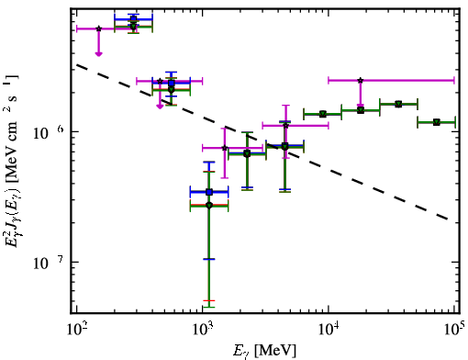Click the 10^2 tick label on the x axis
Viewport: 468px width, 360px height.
pos(76,329)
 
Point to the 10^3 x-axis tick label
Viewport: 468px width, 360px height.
pos(203,329)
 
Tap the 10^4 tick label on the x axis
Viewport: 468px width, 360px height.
pos(329,329)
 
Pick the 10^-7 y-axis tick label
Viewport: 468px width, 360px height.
pos(49,263)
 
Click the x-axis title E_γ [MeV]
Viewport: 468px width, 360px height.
pos(264,351)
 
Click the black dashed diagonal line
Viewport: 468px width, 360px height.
pos(262,142)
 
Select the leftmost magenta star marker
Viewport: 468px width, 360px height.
pos(98,28)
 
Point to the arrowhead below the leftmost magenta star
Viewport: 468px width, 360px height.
pos(98,54)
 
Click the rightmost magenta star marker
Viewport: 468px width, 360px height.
pos(361,81)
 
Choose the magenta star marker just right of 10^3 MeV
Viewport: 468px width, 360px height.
pos(225,148)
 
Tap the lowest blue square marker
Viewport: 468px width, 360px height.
pos(209,192)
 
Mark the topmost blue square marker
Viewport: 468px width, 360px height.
pos(133,19)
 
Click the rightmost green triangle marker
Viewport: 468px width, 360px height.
pos(437,122)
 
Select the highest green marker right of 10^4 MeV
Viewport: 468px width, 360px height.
pos(398,105)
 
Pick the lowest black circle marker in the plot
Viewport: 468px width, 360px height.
pos(209,206)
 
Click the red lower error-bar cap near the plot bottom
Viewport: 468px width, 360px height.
pos(209,301)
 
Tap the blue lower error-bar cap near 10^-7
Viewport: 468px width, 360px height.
pos(209,259)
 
